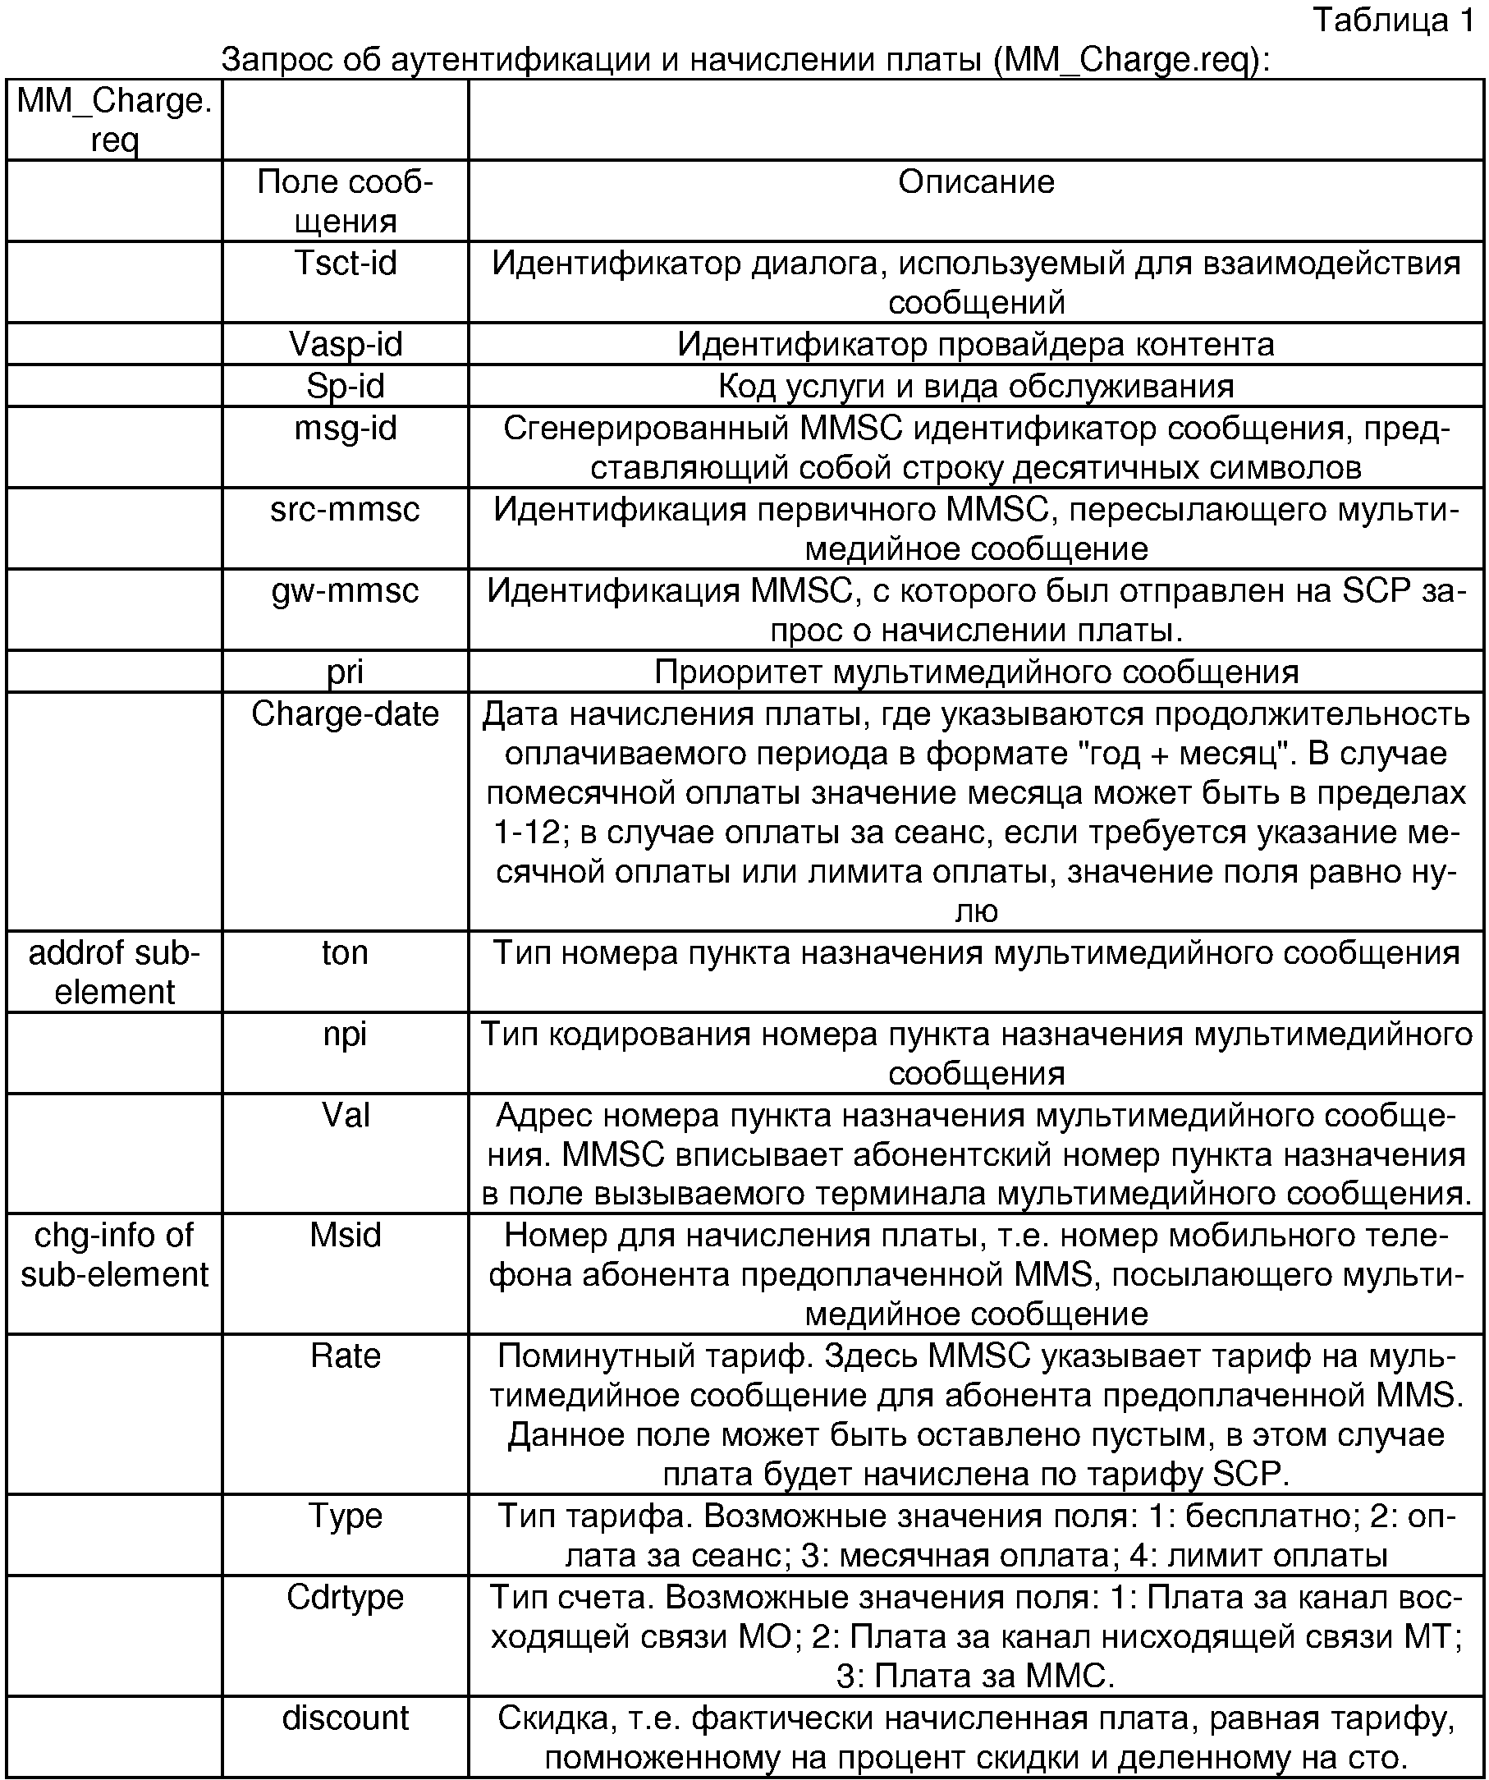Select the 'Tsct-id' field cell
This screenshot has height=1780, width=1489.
[345, 264]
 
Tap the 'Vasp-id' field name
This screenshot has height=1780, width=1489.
[345, 344]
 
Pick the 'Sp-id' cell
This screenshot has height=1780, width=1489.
[345, 387]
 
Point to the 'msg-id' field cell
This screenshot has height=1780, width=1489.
[345, 429]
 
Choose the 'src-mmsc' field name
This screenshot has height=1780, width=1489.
[345, 509]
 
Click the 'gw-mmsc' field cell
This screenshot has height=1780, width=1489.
[345, 591]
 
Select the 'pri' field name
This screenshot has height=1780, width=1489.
[345, 672]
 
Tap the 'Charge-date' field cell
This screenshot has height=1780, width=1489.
[345, 714]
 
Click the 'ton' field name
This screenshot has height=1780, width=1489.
[345, 952]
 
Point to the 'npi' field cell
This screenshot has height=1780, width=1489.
[345, 1035]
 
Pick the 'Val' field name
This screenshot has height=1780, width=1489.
[345, 1116]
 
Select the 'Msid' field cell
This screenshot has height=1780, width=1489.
[345, 1235]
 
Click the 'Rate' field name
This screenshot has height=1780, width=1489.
[345, 1356]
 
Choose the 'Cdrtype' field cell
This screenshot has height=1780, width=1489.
[345, 1597]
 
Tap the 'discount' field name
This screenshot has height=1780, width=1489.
[345, 1718]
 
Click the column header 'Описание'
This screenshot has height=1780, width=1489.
[976, 182]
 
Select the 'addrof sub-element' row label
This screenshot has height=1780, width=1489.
[114, 972]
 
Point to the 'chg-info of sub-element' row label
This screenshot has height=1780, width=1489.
[114, 1255]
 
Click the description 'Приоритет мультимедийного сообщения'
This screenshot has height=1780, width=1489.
[976, 672]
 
